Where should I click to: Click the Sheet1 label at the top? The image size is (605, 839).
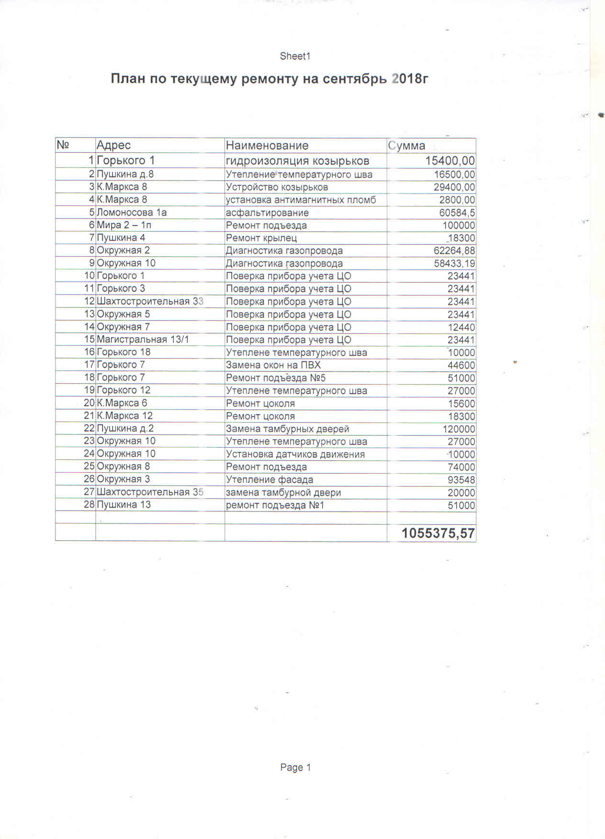(295, 56)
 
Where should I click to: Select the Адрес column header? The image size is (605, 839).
(113, 145)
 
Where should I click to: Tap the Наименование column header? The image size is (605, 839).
(267, 145)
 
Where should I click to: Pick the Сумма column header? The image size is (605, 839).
(406, 146)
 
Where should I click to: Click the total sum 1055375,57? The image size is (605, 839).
(438, 533)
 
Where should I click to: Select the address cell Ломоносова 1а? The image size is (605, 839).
(132, 212)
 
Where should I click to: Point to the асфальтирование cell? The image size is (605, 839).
(267, 213)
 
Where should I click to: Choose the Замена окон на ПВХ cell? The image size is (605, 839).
(273, 365)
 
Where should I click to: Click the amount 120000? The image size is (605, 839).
(459, 429)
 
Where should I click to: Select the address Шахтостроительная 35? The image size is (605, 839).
(150, 492)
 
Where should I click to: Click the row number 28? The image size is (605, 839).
(89, 505)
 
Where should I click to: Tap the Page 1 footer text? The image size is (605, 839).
(295, 767)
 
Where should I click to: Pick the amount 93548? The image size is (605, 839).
(461, 480)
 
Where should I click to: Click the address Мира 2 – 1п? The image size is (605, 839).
(124, 225)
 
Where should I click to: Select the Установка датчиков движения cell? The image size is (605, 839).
(295, 454)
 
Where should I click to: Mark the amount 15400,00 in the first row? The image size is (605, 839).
(450, 160)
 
